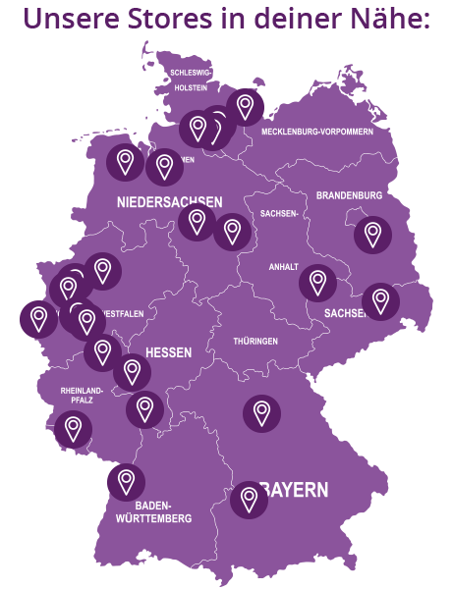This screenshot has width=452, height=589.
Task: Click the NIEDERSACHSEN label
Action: tap(170, 202)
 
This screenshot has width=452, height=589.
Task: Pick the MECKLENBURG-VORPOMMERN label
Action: tap(316, 131)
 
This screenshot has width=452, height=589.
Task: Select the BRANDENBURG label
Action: tap(349, 195)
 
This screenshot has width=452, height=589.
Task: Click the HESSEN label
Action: tap(168, 351)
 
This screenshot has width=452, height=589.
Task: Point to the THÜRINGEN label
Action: tap(255, 341)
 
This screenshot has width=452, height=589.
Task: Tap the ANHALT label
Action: tap(283, 267)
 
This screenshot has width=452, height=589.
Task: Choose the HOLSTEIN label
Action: tap(191, 88)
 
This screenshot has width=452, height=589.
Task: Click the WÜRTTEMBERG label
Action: tap(153, 517)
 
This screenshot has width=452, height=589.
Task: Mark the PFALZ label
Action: tap(81, 402)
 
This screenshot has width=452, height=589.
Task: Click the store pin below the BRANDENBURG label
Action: tap(372, 235)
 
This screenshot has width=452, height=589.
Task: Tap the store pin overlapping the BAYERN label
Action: tap(249, 500)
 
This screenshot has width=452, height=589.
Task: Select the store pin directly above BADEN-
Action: tap(126, 481)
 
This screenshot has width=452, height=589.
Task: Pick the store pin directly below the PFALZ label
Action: tap(72, 427)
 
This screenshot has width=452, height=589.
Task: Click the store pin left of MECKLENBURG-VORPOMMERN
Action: tap(245, 105)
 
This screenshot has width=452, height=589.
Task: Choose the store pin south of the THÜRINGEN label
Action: tap(261, 412)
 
